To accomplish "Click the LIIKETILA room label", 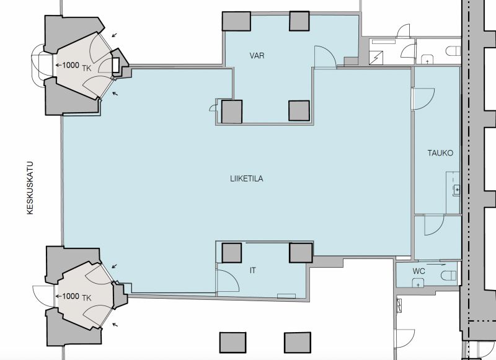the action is point(246,178).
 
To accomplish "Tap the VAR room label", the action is point(257,56).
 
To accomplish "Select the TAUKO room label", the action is point(440,153).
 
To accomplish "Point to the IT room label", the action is point(253,271).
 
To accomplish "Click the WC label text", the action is point(418,271).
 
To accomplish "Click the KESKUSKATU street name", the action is point(30,188).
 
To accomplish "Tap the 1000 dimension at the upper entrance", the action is point(71,65).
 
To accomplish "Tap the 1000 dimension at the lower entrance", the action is point(71,296).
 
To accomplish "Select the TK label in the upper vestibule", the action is point(87,68).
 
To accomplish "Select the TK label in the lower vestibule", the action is point(87,298).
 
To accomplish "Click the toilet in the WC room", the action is point(448,275).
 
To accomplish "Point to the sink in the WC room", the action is point(418,283).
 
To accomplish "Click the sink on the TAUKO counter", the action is point(456,190).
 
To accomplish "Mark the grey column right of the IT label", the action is point(301,253).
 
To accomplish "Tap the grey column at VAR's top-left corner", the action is point(236,22).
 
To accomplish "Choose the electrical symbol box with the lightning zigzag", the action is point(376,58).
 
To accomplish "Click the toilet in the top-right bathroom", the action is point(453,51).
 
